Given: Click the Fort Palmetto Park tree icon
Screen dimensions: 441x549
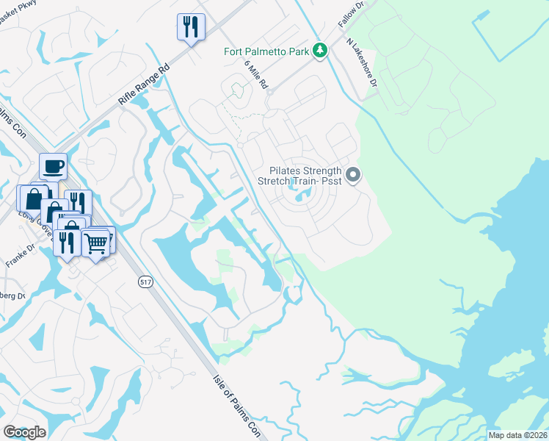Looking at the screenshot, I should click(319, 50).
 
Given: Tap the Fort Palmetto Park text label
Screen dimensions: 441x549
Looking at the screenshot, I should click(267, 51).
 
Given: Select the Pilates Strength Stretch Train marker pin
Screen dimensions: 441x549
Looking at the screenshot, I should click(353, 175).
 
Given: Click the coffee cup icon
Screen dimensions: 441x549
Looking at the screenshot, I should click(53, 166).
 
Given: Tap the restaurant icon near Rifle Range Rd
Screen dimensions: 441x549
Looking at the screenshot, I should click(191, 27).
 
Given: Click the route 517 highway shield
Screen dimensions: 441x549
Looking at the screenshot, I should click(145, 282).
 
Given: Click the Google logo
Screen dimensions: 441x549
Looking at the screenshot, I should click(24, 431).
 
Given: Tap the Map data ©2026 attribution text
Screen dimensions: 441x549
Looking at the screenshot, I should click(517, 435).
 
